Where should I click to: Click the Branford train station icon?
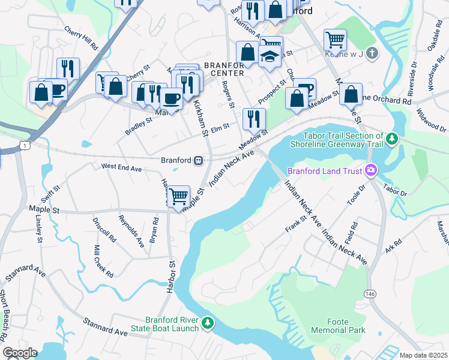click(x=197, y=160)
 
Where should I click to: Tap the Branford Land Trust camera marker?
click(x=371, y=171)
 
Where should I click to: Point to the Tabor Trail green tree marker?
click(x=392, y=140)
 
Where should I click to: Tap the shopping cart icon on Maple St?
click(x=178, y=196)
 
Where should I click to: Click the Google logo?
click(x=20, y=352)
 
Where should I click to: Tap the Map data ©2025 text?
click(x=423, y=355)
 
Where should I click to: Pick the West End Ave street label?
click(x=121, y=168)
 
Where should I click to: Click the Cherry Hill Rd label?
click(x=81, y=38)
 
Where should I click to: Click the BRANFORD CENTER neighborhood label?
click(x=223, y=69)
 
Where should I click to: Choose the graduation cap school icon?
click(x=270, y=56)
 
